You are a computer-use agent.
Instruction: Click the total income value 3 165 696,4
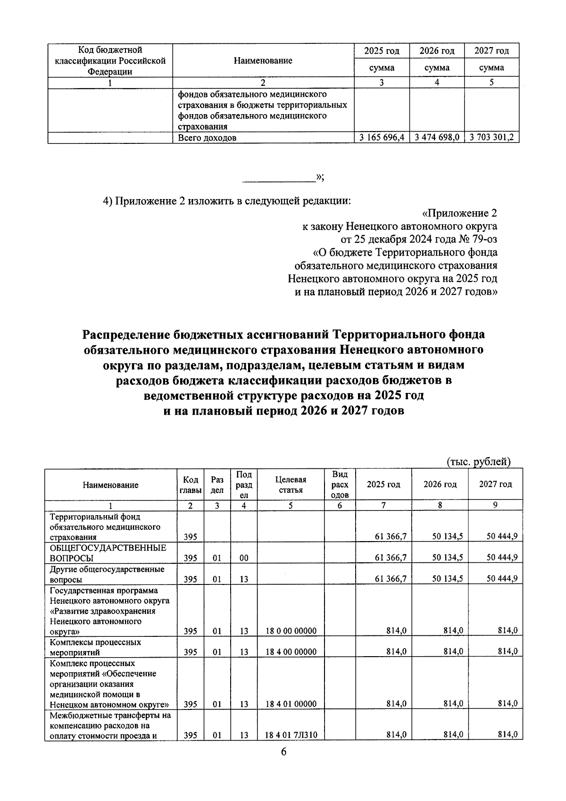click(x=382, y=138)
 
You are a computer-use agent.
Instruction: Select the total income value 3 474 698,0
click(x=437, y=138)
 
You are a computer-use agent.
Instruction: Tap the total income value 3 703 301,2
click(x=492, y=138)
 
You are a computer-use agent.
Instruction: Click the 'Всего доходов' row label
click(x=207, y=138)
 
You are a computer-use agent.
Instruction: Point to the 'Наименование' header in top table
click(x=263, y=60)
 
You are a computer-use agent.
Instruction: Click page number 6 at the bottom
click(x=283, y=765)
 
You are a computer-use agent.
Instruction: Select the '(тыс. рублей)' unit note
click(x=478, y=462)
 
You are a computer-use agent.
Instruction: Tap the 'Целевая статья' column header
click(x=291, y=484)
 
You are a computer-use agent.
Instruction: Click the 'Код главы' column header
click(x=190, y=484)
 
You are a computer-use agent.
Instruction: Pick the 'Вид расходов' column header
click(x=340, y=484)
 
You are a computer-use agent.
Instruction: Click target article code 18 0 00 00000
click(x=291, y=631)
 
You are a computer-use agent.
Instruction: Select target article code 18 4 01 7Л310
click(x=291, y=748)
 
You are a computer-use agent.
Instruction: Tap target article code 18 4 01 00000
click(x=291, y=704)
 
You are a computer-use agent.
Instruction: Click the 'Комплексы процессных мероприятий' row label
click(x=95, y=647)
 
